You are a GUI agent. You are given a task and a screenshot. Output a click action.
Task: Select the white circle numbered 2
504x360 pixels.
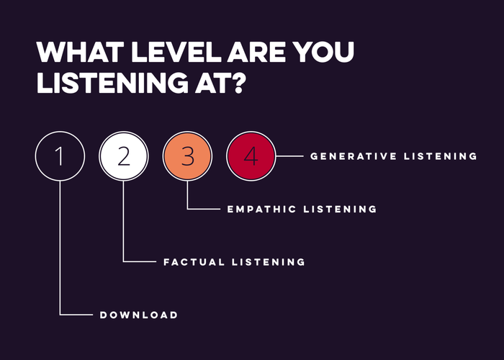pyautogui.click(x=124, y=156)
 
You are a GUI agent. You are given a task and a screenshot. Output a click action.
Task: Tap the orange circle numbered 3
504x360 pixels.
pyautogui.click(x=187, y=156)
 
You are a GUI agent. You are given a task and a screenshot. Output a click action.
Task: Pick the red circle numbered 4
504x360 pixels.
pyautogui.click(x=251, y=156)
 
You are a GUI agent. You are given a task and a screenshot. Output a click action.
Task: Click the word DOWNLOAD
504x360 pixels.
pyautogui.click(x=139, y=315)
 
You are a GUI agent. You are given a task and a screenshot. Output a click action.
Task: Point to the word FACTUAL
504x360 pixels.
pyautogui.click(x=194, y=262)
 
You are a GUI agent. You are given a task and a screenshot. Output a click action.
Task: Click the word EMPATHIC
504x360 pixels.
pyautogui.click(x=261, y=210)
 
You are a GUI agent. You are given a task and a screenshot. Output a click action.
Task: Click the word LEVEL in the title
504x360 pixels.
pyautogui.click(x=176, y=52)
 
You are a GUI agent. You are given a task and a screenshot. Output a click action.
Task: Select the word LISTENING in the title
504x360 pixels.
pyautogui.click(x=112, y=83)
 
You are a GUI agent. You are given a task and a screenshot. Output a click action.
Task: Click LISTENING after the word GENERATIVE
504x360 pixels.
pyautogui.click(x=441, y=156)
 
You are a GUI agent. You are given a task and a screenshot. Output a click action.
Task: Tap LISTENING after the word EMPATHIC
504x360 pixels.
pyautogui.click(x=340, y=210)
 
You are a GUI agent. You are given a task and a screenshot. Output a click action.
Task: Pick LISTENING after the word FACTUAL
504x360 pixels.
pyautogui.click(x=269, y=262)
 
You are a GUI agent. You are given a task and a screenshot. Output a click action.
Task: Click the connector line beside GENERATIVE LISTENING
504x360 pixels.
pyautogui.click(x=289, y=156)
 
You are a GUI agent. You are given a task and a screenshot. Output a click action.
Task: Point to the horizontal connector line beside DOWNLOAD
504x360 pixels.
pyautogui.click(x=76, y=315)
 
